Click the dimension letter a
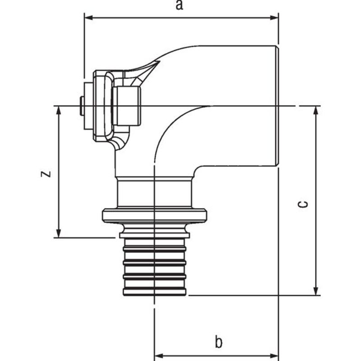179,5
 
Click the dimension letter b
218,342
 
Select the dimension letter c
303,204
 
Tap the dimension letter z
46,174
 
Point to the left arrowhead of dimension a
88,18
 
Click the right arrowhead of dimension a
274,18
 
